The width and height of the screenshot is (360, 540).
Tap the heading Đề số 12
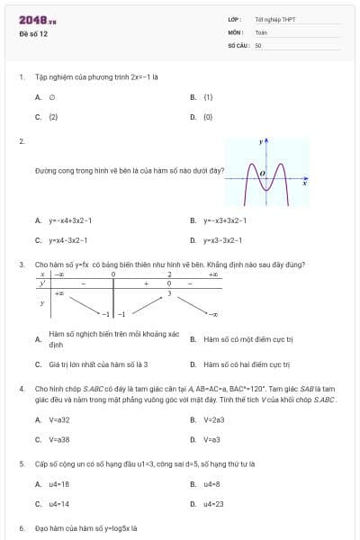33,34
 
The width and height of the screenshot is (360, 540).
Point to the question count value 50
258,44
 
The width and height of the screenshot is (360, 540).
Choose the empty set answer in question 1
52,96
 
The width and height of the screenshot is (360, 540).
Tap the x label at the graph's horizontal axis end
304,185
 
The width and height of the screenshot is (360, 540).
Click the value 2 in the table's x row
169,274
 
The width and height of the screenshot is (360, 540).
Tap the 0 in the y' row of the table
169,283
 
